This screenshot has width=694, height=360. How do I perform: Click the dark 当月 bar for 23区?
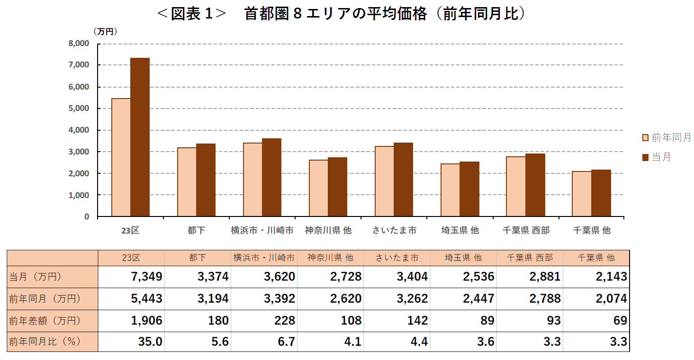(140, 137)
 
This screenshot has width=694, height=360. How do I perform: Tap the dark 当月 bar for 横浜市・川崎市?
(271, 177)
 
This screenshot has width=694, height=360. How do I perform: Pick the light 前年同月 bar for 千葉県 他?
(582, 194)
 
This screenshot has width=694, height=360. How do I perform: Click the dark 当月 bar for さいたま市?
(403, 180)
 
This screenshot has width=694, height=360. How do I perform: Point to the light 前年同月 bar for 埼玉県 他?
(450, 190)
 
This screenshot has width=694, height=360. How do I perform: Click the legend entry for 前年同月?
(666, 138)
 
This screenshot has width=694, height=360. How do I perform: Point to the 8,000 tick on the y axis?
(79, 44)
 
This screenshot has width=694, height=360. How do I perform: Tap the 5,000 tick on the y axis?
(79, 108)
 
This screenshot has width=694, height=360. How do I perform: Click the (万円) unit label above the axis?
(105, 32)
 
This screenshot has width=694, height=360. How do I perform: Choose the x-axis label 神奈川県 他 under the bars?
(328, 231)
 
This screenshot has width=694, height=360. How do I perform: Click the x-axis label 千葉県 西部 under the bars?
(526, 231)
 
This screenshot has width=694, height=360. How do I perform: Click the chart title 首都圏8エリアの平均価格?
(341, 14)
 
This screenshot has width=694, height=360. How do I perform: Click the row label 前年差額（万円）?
(45, 321)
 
